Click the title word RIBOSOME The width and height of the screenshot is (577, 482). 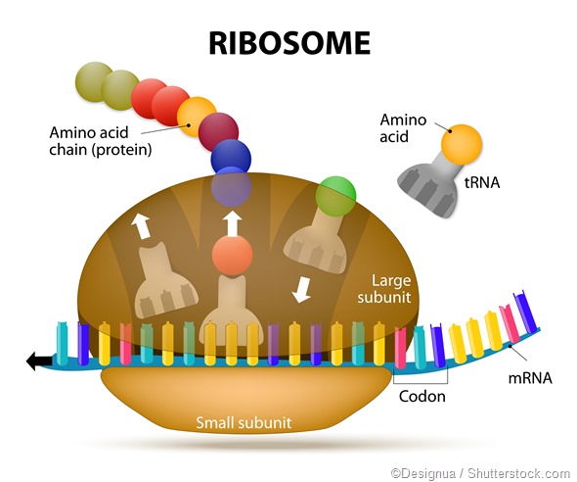pos(288,42)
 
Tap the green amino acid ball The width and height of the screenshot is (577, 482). pos(335,193)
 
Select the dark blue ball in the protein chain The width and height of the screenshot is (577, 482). pos(231,157)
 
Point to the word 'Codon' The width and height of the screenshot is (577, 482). pos(422,397)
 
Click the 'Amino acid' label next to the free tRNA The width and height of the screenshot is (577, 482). pos(403,127)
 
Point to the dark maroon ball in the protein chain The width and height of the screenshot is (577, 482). pos(217,127)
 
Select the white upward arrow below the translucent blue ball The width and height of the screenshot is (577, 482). pos(232,222)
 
